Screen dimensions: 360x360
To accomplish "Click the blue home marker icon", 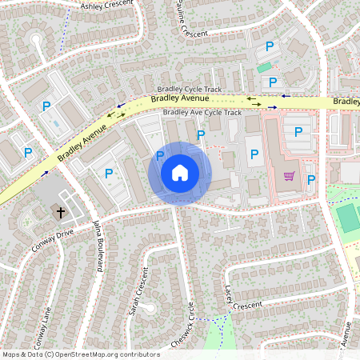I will click(x=180, y=173).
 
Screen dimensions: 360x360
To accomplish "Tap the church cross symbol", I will click(x=59, y=212).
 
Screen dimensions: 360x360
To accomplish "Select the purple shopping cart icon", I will click(x=290, y=176).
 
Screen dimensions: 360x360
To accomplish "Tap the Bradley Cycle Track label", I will click(x=190, y=90).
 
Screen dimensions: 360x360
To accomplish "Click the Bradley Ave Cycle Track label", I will click(x=202, y=113).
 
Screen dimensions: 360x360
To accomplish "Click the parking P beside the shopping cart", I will click(x=311, y=179).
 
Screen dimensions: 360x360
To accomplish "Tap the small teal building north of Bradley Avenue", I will click(x=264, y=67).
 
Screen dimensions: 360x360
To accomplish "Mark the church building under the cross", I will click(x=64, y=210).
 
